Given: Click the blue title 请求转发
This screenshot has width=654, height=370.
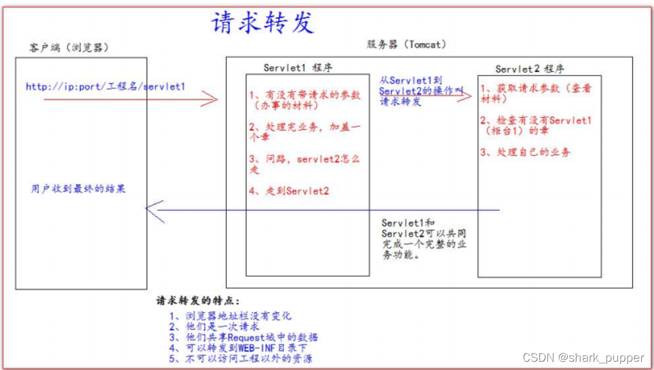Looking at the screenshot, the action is [x=262, y=23].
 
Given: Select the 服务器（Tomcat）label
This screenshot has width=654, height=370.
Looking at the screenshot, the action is [x=406, y=44].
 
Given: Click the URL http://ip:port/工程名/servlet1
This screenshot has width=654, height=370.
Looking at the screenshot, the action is [x=105, y=86].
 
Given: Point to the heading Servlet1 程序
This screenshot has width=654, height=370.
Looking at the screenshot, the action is [x=297, y=68].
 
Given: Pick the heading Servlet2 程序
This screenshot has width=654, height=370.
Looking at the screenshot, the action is [x=530, y=69].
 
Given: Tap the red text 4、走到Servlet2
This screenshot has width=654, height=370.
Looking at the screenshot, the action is [x=289, y=190].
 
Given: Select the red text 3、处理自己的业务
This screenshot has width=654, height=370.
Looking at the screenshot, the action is [x=525, y=152].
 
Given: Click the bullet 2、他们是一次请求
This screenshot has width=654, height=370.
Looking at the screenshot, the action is [x=214, y=326].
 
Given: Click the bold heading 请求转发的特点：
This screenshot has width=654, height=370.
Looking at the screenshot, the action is [x=199, y=301].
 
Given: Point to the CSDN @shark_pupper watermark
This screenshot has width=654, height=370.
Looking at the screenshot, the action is [x=584, y=358].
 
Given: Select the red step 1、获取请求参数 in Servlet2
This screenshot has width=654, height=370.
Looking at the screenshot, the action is [x=535, y=93].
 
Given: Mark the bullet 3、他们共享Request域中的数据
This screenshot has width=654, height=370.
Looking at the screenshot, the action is [x=244, y=337].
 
